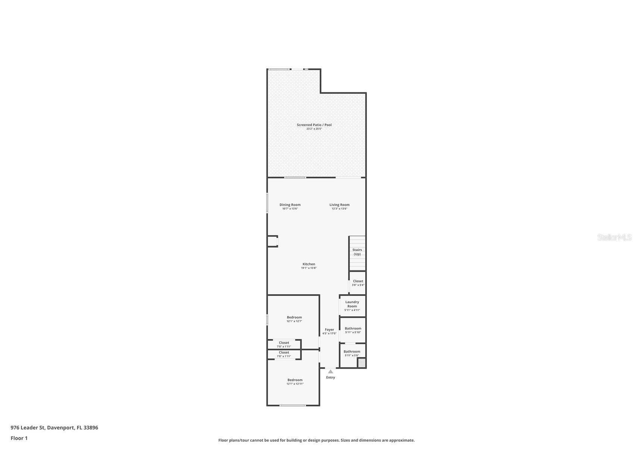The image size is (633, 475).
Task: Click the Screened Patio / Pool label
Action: tap(314, 125)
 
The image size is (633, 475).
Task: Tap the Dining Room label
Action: tap(290, 205)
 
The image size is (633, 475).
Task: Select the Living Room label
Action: tap(339, 205)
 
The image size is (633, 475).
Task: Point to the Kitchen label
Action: tap(309, 264)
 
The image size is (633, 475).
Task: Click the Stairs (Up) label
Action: tap(357, 252)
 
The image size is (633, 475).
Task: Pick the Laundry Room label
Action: tap(352, 304)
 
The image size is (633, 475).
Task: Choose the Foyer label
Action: tap(329, 330)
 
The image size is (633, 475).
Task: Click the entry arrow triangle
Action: tap(330, 372)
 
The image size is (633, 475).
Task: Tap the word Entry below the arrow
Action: tap(330, 378)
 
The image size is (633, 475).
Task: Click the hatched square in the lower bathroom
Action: tap(361, 363)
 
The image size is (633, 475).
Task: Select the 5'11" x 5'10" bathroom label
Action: tap(353, 330)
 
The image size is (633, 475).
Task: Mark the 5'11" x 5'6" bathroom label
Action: tap(352, 353)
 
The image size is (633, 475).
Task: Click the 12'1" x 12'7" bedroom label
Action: tap(294, 319)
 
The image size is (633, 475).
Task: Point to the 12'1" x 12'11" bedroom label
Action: tap(295, 382)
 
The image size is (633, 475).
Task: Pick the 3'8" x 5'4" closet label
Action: tap(358, 283)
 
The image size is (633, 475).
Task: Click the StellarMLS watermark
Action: tap(614, 237)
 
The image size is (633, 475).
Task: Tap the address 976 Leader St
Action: tap(54, 428)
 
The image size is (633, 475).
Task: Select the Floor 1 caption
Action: tap(19, 438)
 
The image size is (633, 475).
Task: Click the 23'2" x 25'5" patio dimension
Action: tap(314, 129)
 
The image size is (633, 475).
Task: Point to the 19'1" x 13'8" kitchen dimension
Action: tap(309, 268)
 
